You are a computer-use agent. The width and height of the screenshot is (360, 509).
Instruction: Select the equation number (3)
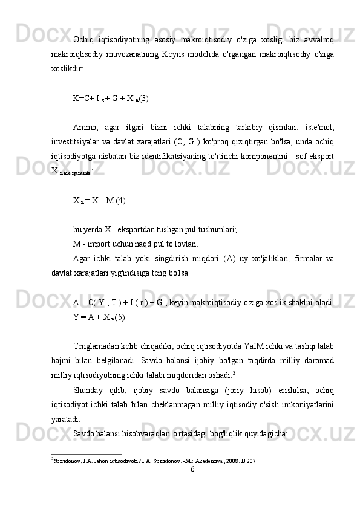[x=145, y=97]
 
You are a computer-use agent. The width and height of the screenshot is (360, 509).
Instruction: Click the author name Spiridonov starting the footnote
[x=69, y=461]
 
